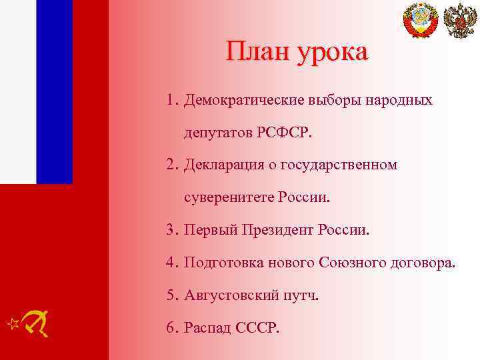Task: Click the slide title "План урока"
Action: click(296, 52)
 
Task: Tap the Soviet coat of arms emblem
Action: click(421, 20)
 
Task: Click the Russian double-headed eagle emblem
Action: click(460, 20)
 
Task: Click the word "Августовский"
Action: click(227, 295)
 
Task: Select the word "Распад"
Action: click(208, 328)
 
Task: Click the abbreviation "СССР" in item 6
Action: click(259, 328)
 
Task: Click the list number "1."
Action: click(173, 101)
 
